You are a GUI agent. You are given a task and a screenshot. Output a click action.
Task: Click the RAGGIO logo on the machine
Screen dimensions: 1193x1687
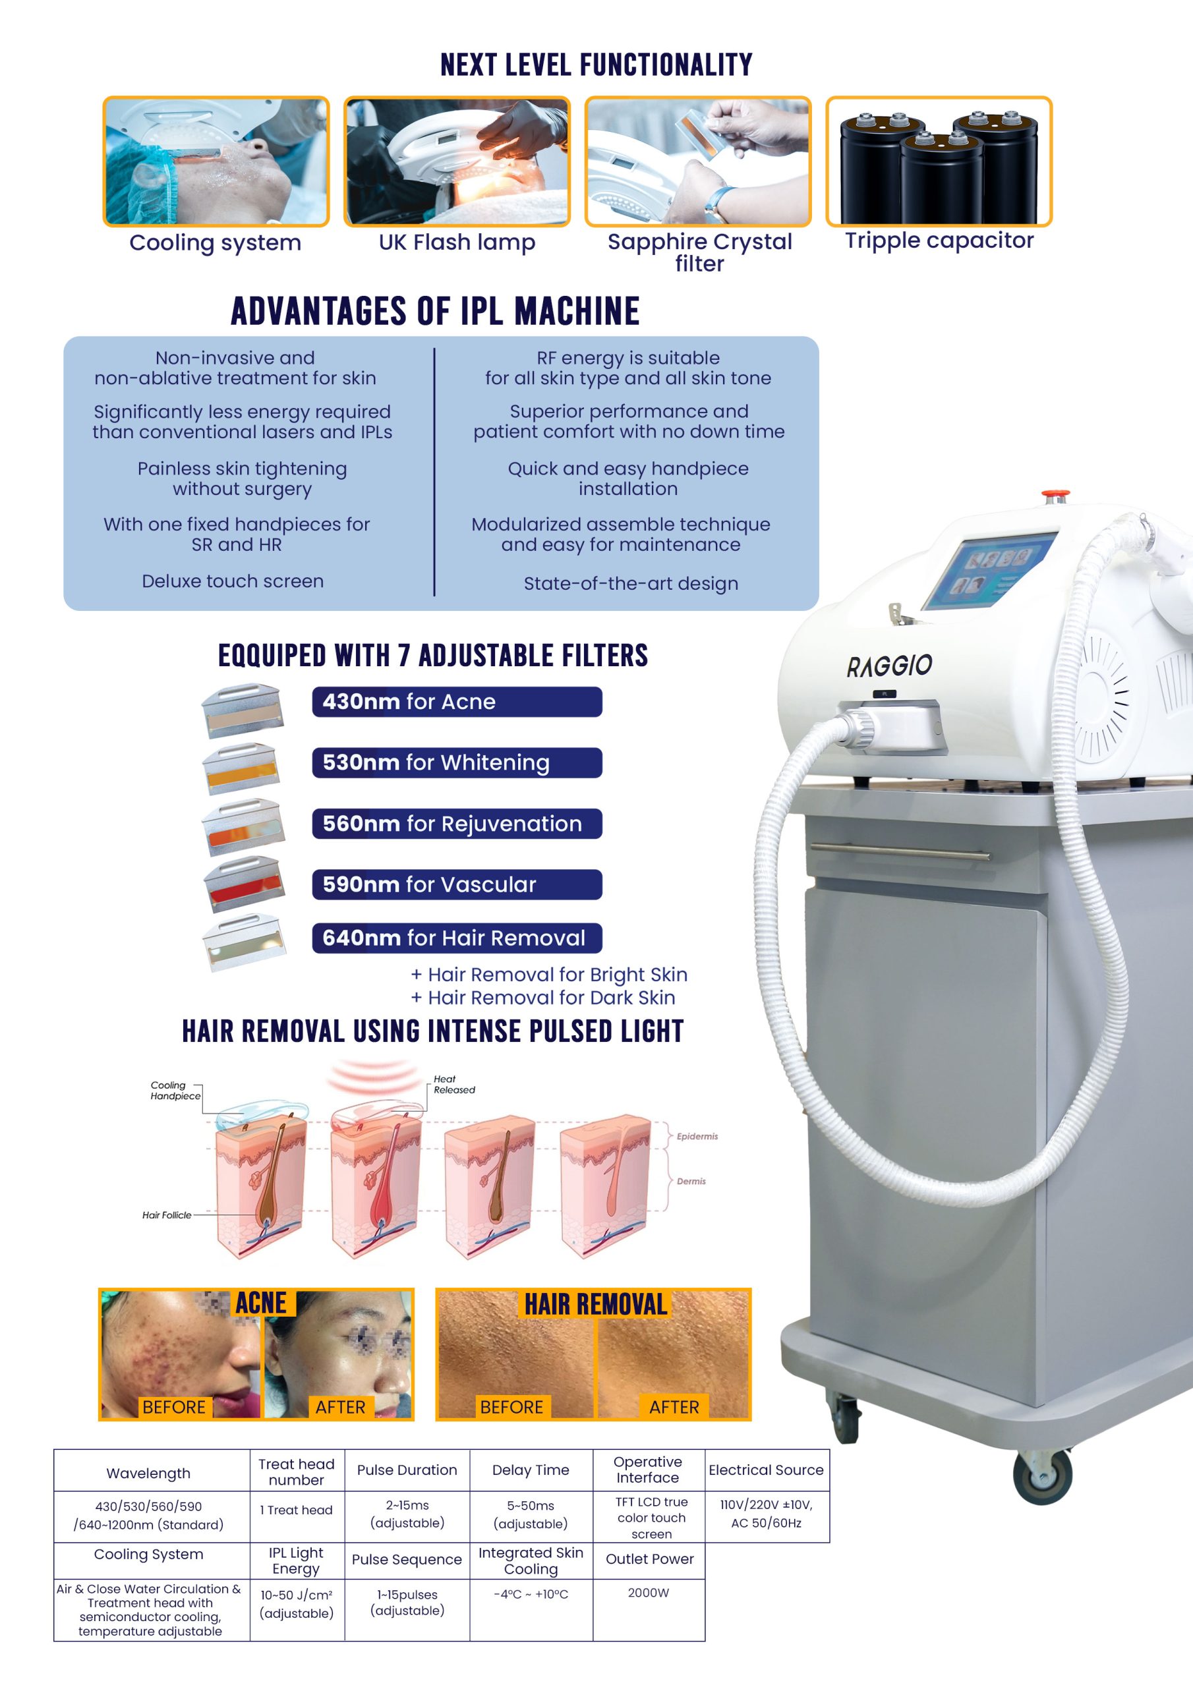click(889, 666)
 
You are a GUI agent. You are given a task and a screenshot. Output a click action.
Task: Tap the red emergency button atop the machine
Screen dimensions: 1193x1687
click(1055, 495)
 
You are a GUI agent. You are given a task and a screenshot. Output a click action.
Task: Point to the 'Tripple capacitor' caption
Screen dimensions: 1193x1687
click(939, 241)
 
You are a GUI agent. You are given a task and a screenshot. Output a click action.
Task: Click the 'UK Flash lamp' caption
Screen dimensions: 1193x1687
click(457, 243)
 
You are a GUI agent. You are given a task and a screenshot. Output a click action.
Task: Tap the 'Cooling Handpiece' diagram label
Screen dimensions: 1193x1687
click(175, 1091)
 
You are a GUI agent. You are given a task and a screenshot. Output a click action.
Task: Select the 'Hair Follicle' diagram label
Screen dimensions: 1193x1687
click(167, 1215)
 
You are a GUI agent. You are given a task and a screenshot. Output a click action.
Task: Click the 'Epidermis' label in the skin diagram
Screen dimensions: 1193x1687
click(697, 1136)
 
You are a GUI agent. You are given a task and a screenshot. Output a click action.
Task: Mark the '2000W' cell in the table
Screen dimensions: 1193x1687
click(649, 1593)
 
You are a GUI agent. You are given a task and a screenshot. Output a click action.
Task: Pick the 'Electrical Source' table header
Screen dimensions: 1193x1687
click(766, 1470)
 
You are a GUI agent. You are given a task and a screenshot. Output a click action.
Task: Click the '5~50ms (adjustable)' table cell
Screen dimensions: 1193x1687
click(531, 1514)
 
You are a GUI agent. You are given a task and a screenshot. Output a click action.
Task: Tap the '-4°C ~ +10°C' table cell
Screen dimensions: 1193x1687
click(531, 1595)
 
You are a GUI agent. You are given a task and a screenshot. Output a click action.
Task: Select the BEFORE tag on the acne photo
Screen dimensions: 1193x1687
click(173, 1406)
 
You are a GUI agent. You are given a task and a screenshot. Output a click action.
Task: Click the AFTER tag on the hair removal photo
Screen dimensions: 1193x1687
click(674, 1406)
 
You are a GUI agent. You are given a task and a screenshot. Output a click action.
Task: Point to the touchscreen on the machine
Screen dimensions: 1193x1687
click(989, 570)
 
